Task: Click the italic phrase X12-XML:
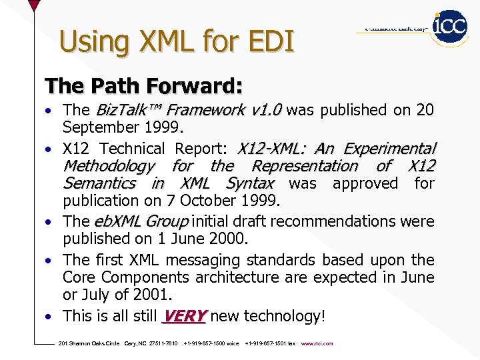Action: pos(273,148)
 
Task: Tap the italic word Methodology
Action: pos(109,165)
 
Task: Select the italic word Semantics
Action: pos(99,183)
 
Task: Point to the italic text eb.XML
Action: pos(118,221)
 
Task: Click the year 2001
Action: pos(151,295)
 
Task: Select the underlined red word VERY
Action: pos(185,316)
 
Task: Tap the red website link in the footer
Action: pos(317,344)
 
